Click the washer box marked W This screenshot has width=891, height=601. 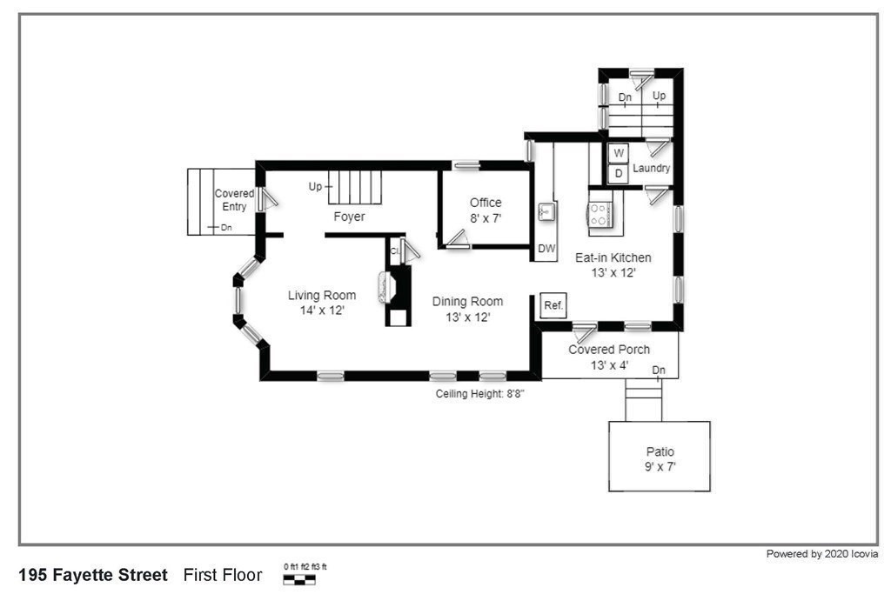[x=619, y=153]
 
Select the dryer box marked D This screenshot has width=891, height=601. [x=619, y=174]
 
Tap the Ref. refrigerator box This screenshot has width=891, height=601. [x=553, y=305]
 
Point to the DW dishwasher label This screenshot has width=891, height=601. [x=546, y=248]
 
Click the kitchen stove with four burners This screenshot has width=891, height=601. [x=600, y=215]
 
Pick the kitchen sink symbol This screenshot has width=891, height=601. [x=546, y=212]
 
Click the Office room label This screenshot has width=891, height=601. [x=486, y=203]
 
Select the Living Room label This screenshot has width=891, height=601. [x=322, y=296]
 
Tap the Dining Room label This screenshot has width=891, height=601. [x=467, y=302]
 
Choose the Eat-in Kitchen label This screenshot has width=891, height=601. [x=613, y=257]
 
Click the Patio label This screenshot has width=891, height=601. [x=660, y=451]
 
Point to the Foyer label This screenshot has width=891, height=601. [x=349, y=217]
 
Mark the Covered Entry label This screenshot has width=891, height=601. [x=234, y=200]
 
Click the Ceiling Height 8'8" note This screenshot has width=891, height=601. [x=479, y=394]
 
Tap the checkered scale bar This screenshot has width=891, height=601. [x=299, y=579]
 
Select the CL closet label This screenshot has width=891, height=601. [x=394, y=250]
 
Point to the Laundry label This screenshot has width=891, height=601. [x=651, y=168]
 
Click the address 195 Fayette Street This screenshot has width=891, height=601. [x=93, y=575]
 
